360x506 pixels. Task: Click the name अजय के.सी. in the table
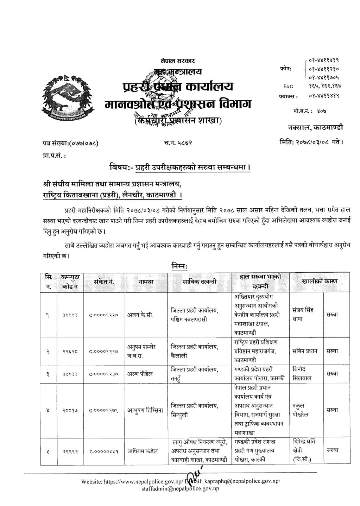(x=140, y=315)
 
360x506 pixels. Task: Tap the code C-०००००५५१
(x=103, y=451)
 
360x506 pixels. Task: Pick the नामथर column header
(x=146, y=282)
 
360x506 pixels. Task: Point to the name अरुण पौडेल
(x=140, y=374)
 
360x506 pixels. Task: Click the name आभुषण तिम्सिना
(x=145, y=410)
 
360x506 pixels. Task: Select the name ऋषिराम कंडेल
(x=143, y=451)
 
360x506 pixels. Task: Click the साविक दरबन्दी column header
(x=199, y=282)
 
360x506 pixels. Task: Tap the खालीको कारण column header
(x=319, y=282)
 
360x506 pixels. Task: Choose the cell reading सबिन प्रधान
(x=305, y=351)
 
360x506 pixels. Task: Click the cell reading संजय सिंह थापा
(x=303, y=315)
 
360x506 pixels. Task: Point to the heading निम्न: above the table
(x=180, y=266)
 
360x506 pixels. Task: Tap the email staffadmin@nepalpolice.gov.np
(x=180, y=488)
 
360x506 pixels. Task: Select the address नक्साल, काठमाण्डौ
(x=315, y=127)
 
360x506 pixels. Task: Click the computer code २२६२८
(x=70, y=351)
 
